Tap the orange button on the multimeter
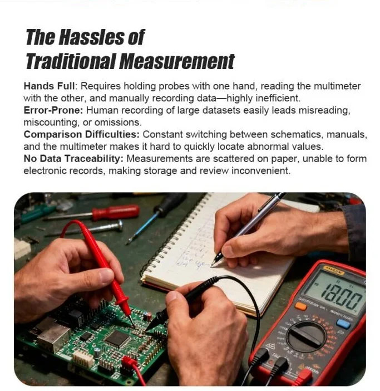pos(301,306)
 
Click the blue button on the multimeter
pos(344,323)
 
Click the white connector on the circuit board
pos(84,358)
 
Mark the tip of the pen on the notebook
pos(214,263)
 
